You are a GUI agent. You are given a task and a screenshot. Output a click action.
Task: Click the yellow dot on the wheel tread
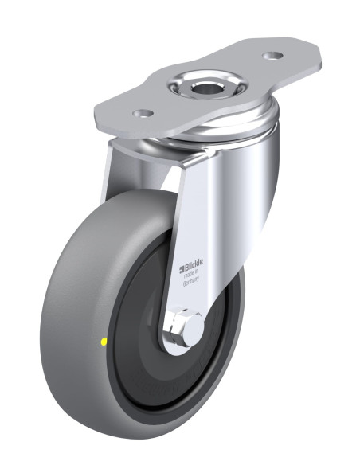pos(104,342)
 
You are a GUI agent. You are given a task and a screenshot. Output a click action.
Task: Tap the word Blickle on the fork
pos(194,268)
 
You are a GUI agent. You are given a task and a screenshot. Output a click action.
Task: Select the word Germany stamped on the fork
pos(190,282)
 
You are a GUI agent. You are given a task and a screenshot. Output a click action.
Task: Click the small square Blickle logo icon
pos(182,270)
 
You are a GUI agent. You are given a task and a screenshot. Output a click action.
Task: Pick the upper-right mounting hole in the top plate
pos(272,56)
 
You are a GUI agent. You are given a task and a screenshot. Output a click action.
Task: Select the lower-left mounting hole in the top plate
pos(143,113)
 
